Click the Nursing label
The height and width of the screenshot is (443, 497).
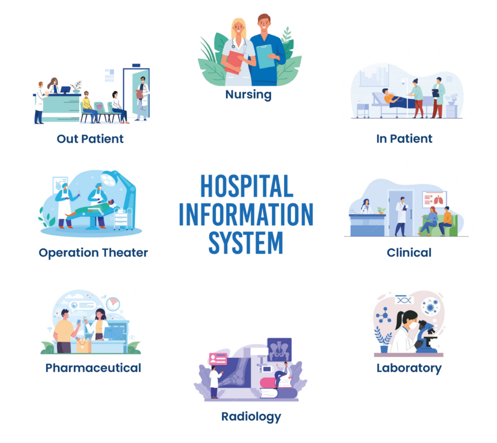248,94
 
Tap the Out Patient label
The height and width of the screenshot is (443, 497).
90,139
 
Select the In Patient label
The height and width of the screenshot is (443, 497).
404,139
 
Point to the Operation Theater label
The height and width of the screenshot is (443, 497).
93,253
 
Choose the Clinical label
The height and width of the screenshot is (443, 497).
409,253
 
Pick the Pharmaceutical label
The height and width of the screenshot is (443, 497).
93,368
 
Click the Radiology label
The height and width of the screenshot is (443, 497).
251,416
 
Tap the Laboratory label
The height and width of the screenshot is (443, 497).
409,368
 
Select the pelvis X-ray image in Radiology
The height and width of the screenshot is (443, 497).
279,349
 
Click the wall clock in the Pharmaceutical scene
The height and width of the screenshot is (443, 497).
113,304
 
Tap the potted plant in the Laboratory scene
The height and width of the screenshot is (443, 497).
383,339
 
